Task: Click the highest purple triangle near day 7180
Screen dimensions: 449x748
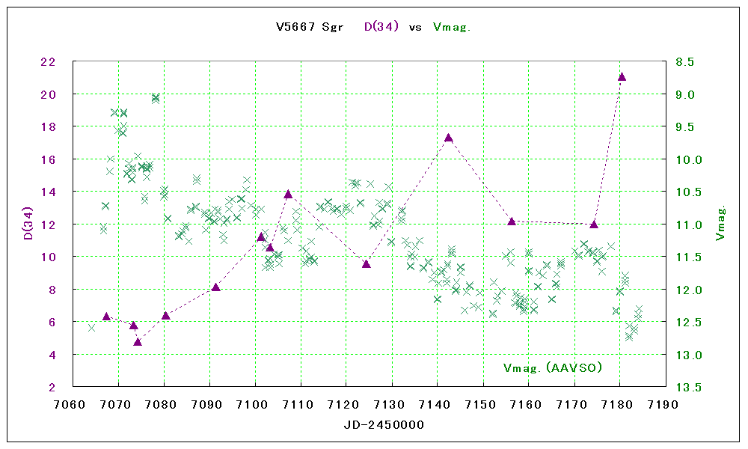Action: pos(622,76)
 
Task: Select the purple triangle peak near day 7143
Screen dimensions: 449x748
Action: pos(448,138)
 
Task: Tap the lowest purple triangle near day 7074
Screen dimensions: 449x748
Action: pos(138,342)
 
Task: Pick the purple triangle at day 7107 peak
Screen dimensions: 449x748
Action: pos(288,194)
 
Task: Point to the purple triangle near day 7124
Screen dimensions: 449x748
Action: pos(367,263)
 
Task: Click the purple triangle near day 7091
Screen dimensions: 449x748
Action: pos(215,287)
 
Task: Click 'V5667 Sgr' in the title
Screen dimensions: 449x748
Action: pos(310,27)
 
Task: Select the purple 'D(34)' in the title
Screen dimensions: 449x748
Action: pos(381,27)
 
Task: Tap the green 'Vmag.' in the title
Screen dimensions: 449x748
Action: pos(452,27)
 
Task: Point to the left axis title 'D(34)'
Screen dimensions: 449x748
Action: pos(28,224)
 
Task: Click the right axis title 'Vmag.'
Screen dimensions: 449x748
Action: pos(720,224)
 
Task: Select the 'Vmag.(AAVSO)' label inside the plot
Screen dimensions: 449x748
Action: pos(553,367)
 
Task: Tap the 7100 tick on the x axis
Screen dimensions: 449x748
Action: pos(255,405)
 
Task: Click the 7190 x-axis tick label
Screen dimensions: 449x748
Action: pos(665,405)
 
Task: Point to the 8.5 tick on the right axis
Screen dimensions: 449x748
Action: pos(685,62)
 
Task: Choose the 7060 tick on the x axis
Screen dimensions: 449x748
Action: pos(73,405)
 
